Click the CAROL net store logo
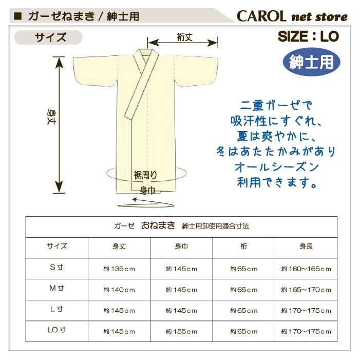(292, 16)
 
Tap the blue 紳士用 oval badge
(311, 62)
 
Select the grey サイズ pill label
(48, 37)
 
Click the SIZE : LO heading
(308, 36)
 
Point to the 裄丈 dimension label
(184, 37)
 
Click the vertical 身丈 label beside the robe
(51, 117)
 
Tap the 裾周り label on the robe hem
(145, 176)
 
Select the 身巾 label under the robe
(147, 191)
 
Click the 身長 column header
(306, 247)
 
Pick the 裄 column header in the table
(243, 247)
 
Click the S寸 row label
(56, 267)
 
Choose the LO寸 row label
(56, 330)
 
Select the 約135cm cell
(119, 269)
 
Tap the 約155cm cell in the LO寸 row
(181, 332)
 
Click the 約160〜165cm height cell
(306, 269)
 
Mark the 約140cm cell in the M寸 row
(119, 290)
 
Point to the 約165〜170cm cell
(306, 290)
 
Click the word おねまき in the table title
(158, 225)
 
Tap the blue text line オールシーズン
(277, 167)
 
